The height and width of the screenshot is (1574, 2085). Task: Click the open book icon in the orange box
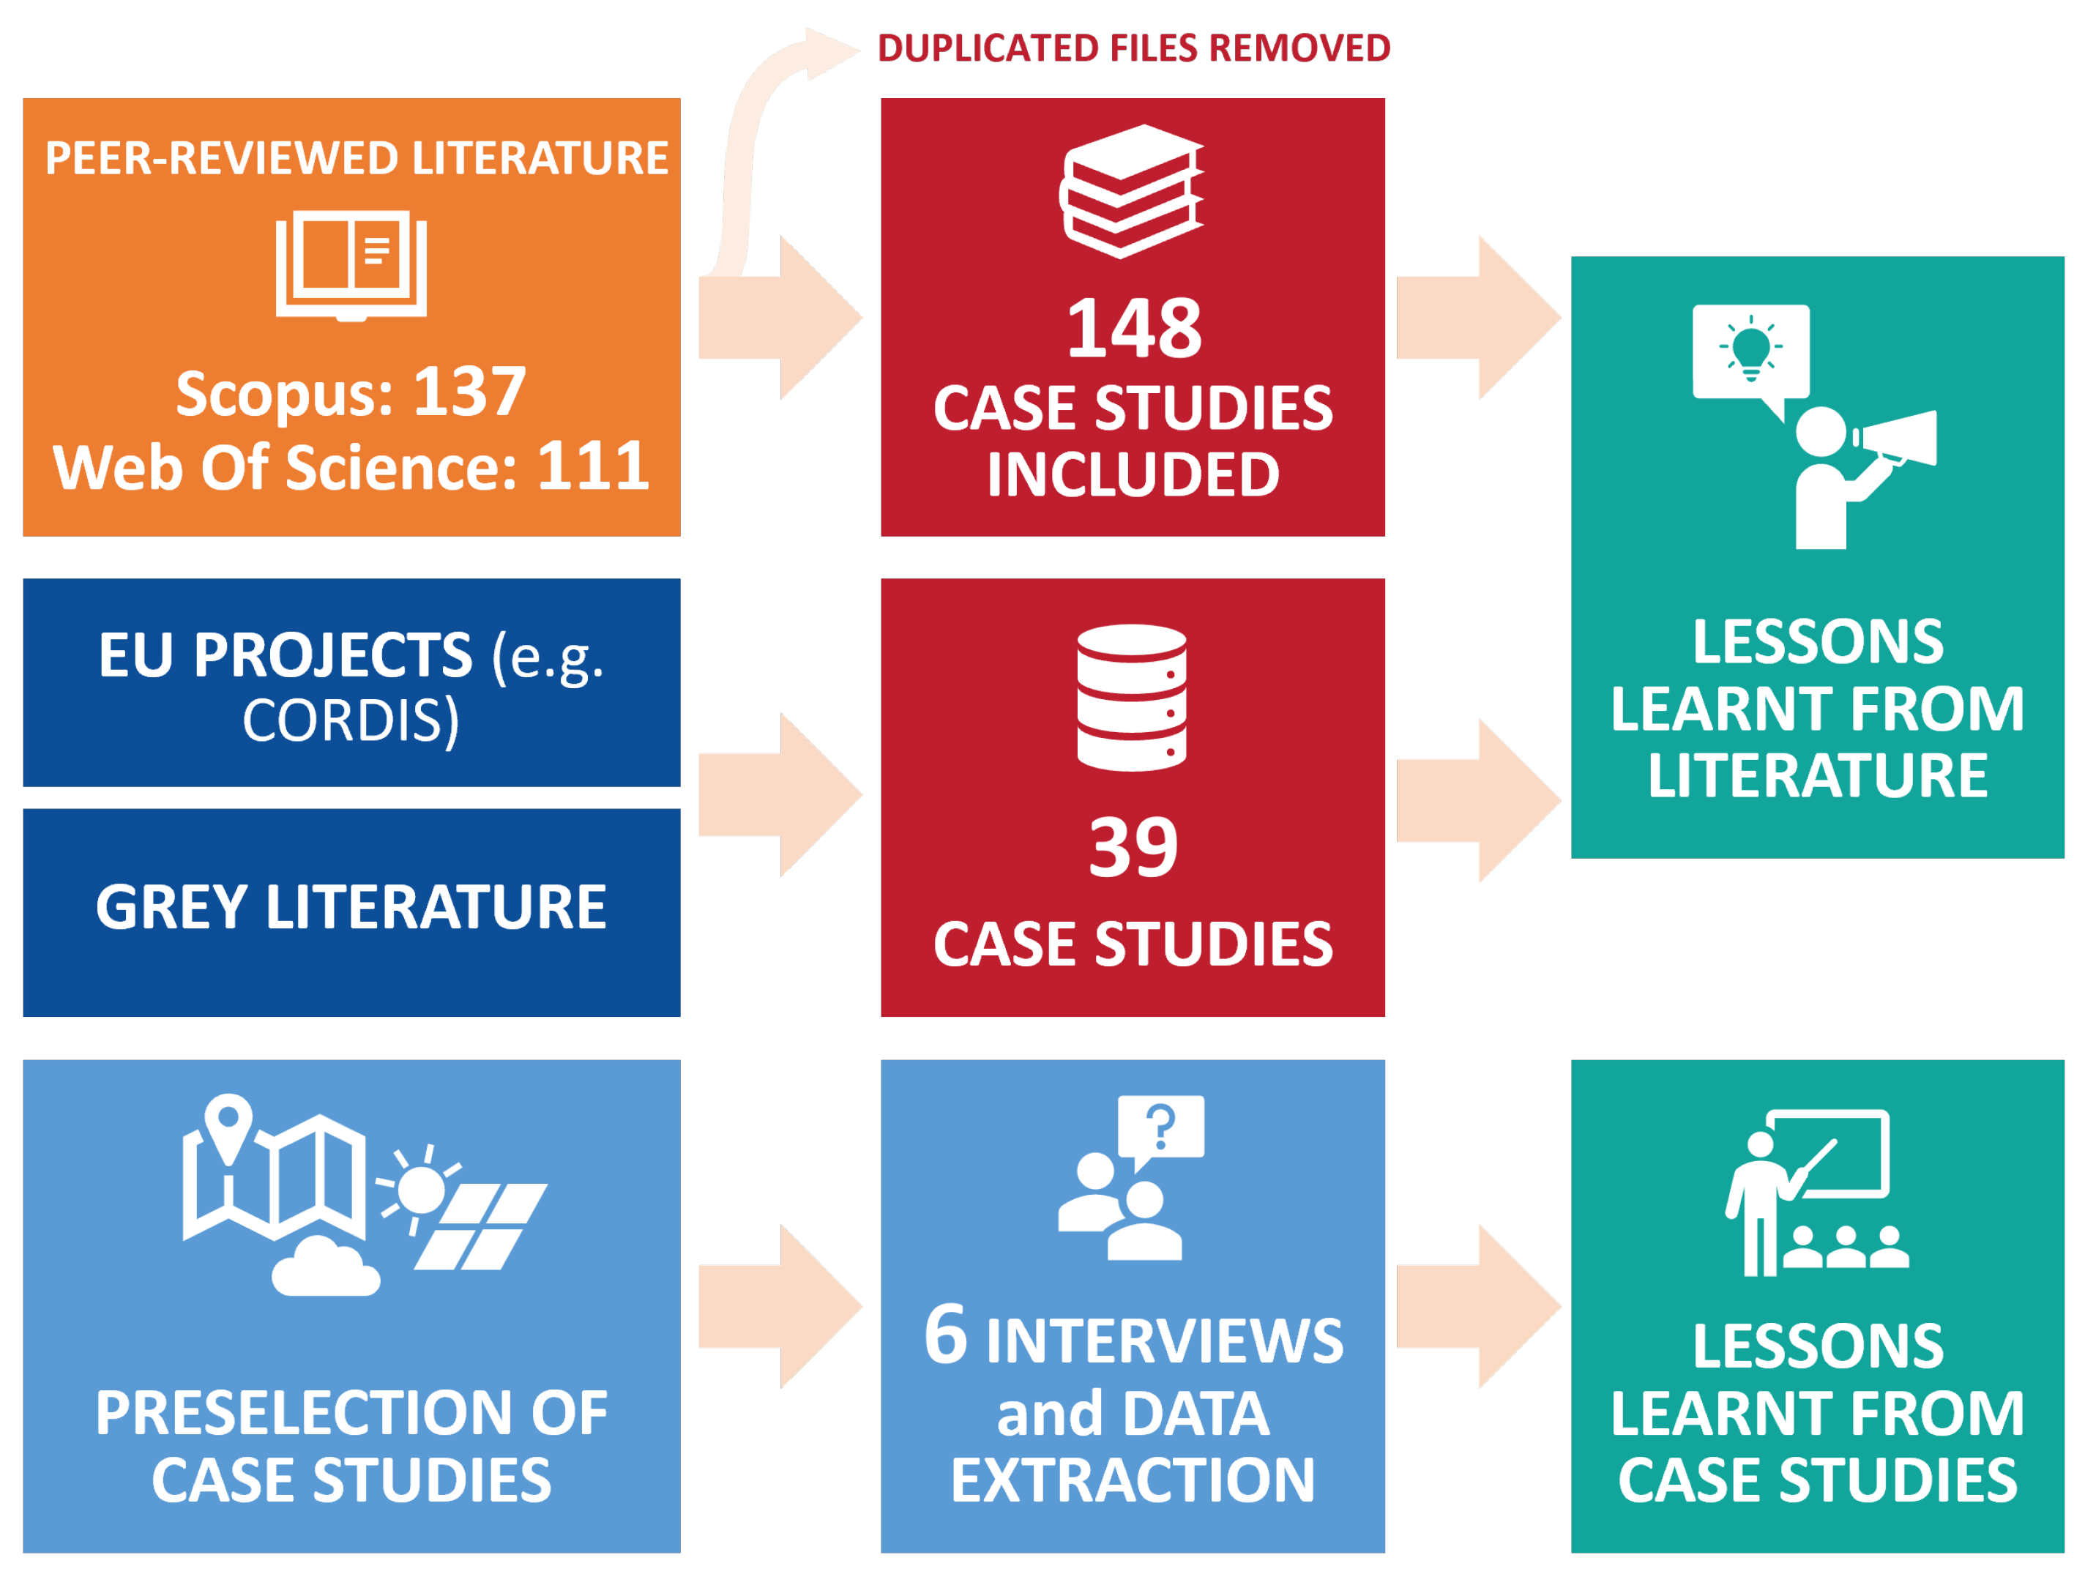[351, 265]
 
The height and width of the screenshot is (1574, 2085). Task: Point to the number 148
[1133, 328]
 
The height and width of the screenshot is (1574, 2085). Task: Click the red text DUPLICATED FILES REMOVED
[1133, 48]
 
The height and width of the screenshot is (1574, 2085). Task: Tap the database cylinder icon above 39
[1131, 698]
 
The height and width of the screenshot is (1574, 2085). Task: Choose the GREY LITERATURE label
[351, 907]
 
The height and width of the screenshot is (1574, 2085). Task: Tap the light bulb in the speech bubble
[1750, 351]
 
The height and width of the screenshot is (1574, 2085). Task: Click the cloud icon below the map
[325, 1268]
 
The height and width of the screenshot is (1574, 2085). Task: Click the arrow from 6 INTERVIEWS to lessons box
[1477, 1306]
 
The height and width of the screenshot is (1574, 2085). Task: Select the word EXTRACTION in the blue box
[1133, 1481]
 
